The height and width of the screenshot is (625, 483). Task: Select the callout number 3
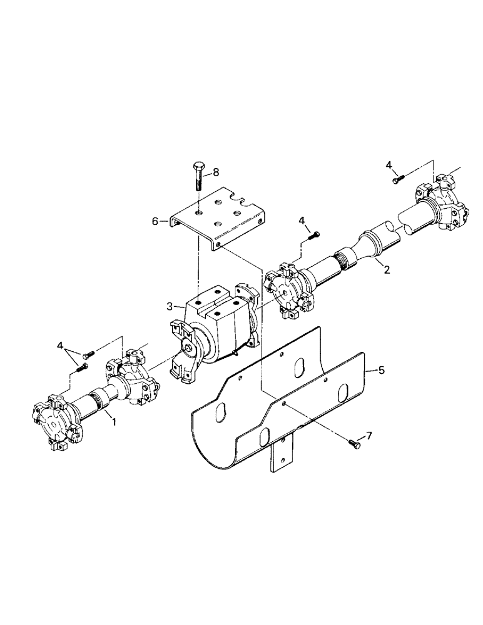[x=171, y=307]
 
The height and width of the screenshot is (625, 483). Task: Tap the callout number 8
[x=216, y=171]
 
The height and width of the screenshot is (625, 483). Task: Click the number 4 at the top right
[x=389, y=165]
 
